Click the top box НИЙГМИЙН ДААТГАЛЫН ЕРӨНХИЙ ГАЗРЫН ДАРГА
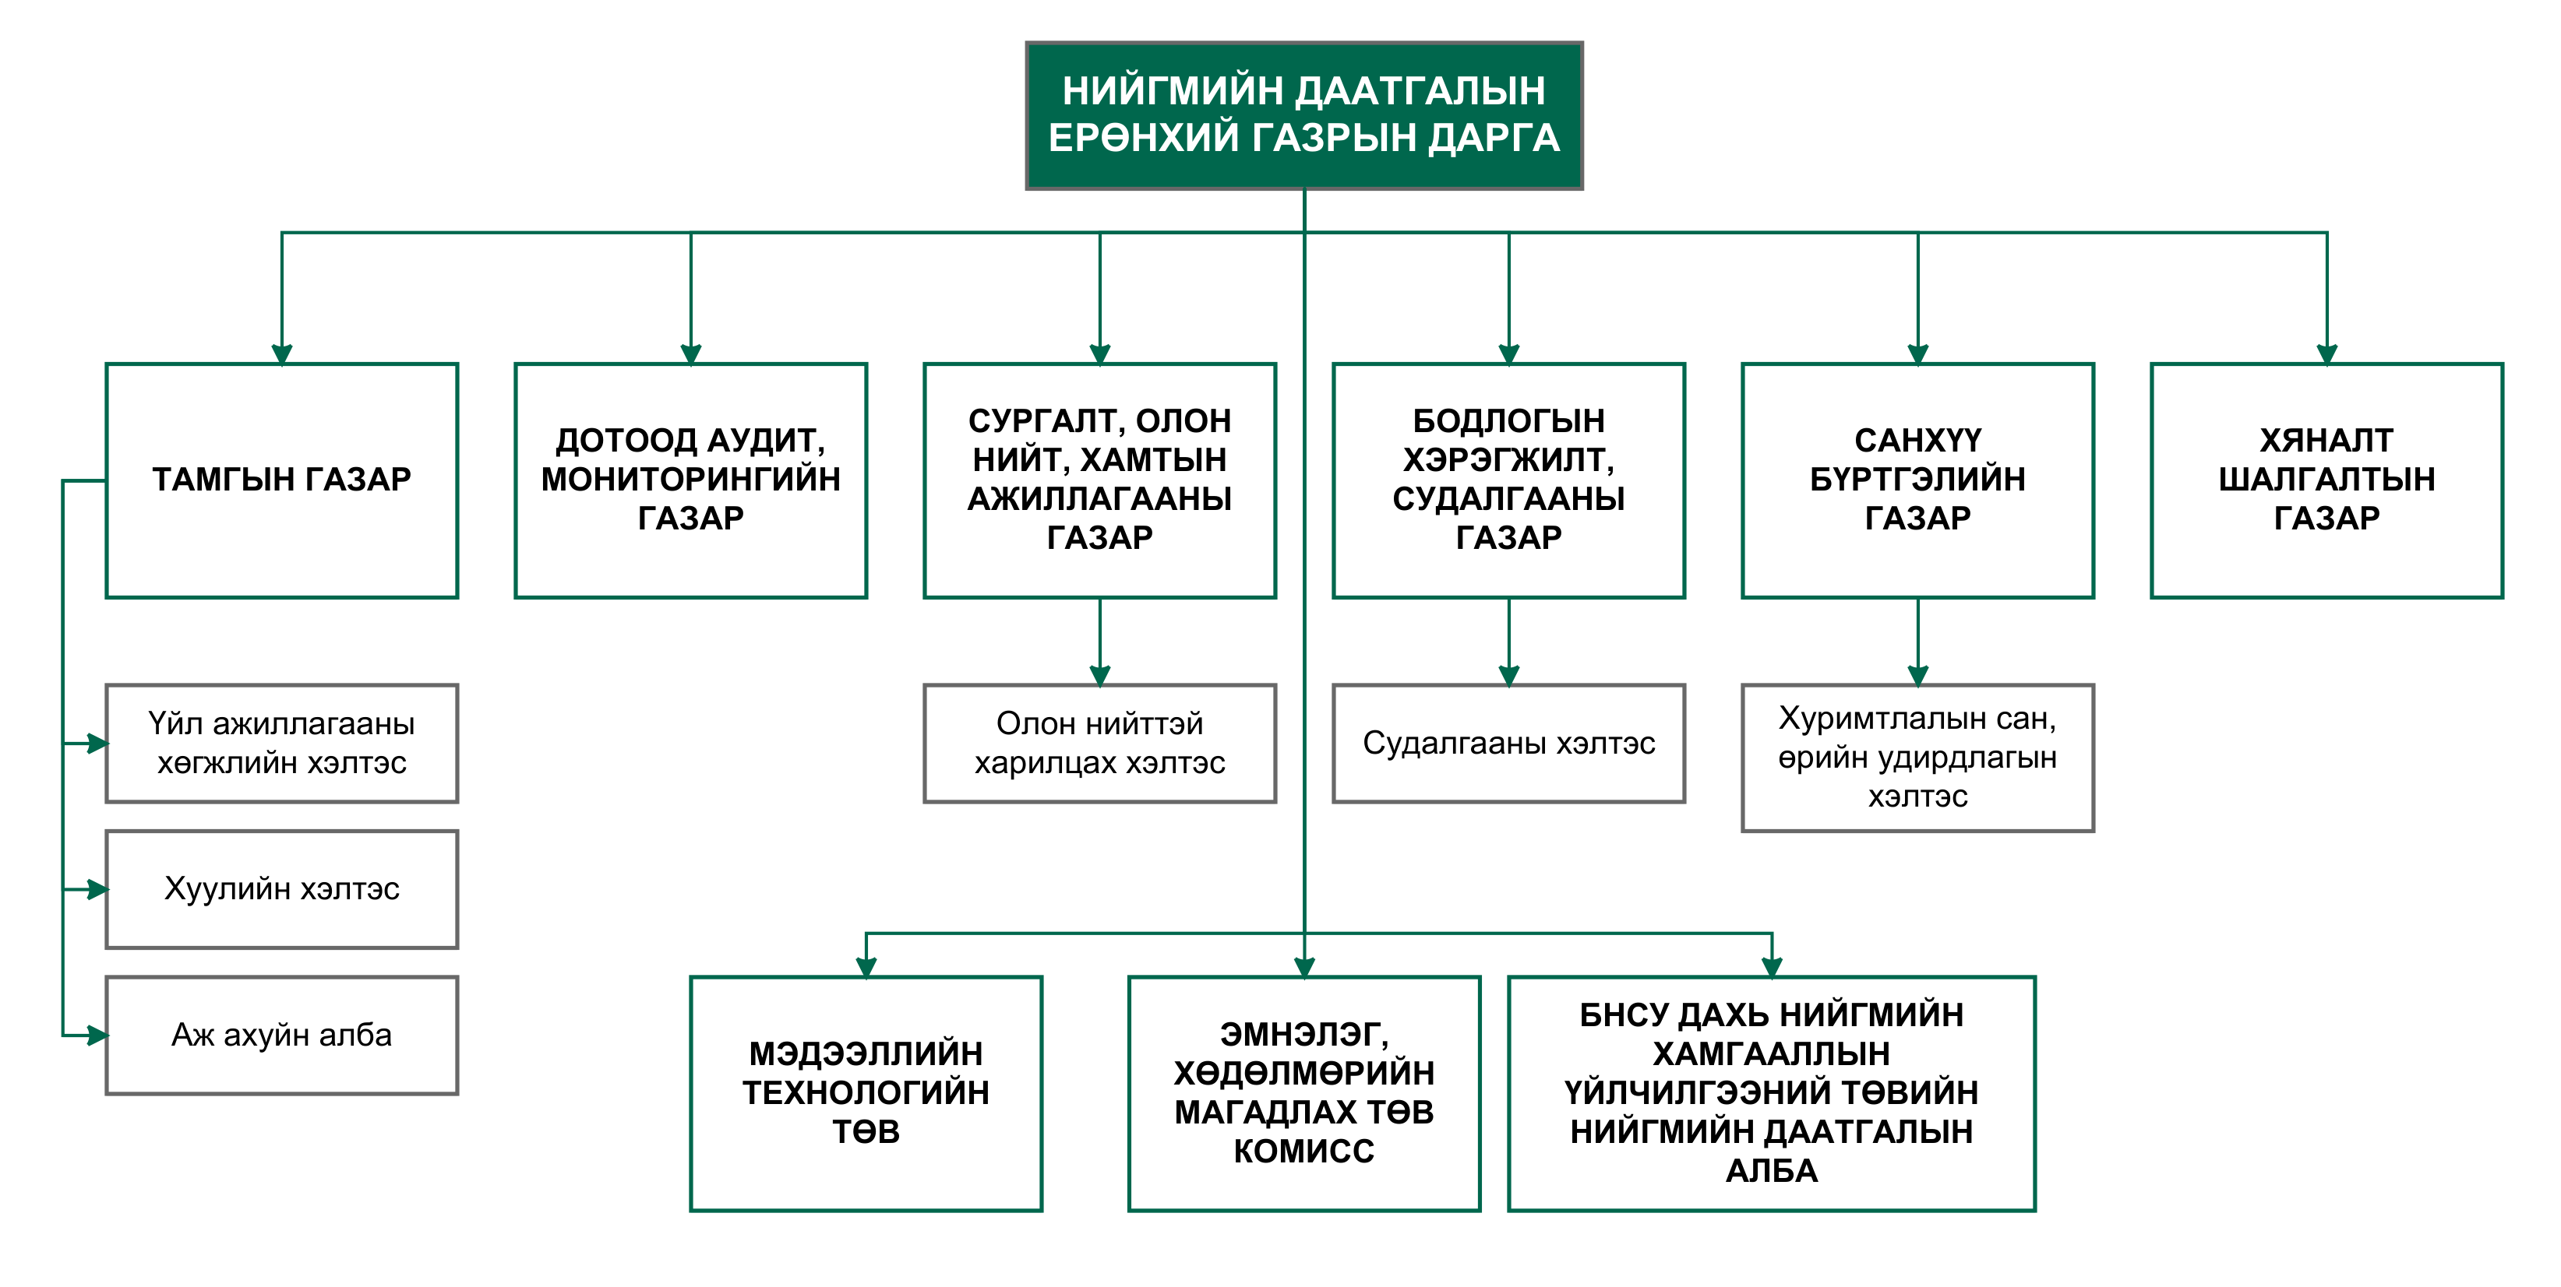(1303, 115)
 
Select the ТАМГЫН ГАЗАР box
(281, 480)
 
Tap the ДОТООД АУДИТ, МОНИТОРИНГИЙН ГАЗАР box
(691, 480)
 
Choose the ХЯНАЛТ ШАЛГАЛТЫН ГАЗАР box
(2326, 480)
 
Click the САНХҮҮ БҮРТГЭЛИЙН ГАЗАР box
(1917, 480)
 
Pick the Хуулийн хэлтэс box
(281, 889)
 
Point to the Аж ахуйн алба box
(281, 1036)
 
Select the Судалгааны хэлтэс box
(1508, 744)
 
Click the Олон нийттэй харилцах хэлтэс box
(1099, 744)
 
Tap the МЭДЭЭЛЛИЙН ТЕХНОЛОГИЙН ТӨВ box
(866, 1093)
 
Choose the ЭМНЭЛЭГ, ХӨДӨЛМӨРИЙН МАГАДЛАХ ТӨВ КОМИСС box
(1304, 1093)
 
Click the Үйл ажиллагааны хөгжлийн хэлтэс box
(281, 744)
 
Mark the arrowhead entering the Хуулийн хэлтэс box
(97, 889)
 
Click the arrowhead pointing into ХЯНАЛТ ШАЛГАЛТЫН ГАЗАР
(2326, 353)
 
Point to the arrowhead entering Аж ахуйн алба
(97, 1036)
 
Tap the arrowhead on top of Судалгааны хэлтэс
(1508, 676)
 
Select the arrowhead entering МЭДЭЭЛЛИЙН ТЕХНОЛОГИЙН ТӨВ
(866, 967)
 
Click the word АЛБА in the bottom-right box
(1771, 1171)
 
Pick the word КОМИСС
(1303, 1151)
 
